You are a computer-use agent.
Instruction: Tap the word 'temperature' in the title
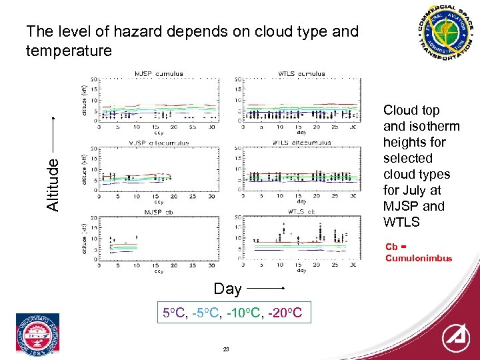tap(69, 51)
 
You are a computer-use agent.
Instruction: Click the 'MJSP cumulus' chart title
tap(159, 74)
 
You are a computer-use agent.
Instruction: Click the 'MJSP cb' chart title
tap(159, 212)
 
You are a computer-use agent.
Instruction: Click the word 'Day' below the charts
tap(227, 289)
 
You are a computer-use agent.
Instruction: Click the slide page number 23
tap(226, 349)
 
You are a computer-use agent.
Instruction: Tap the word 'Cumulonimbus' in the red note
tap(418, 258)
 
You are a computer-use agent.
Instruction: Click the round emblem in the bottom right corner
tap(455, 338)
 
